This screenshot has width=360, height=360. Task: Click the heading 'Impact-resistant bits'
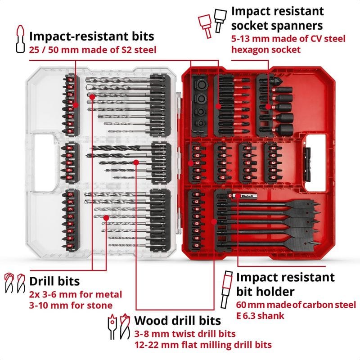click(92, 36)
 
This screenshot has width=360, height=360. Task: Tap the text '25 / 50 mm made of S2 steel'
click(93, 49)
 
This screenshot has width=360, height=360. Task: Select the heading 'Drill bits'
click(54, 281)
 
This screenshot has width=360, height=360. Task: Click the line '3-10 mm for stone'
click(71, 305)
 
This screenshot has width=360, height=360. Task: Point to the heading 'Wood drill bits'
click(178, 320)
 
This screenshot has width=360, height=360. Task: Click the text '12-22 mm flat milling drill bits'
click(203, 345)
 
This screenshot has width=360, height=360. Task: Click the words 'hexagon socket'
click(266, 49)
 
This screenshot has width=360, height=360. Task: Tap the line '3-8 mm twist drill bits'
click(184, 334)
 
